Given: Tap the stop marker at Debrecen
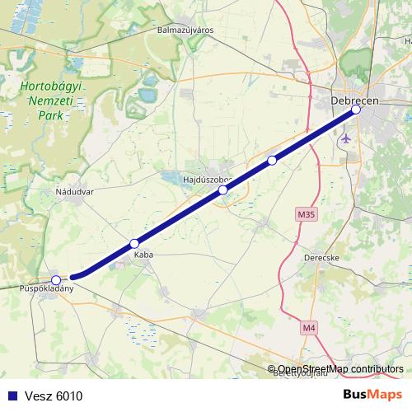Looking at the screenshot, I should [x=356, y=110].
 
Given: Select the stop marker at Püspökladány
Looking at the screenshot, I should [x=55, y=280].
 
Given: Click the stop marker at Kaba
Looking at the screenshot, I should [x=134, y=244].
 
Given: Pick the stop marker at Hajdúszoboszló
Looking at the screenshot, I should [x=222, y=190].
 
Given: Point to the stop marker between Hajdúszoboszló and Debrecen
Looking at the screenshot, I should [x=272, y=161].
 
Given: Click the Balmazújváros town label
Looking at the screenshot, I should [x=185, y=30].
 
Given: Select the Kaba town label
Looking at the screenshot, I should [x=143, y=255].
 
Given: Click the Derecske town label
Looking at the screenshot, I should [x=322, y=257].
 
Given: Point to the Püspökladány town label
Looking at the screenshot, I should [x=47, y=289].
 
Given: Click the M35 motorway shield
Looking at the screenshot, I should [x=306, y=215].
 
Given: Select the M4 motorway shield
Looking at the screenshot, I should [x=308, y=328].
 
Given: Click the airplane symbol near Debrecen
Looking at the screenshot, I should [x=345, y=137].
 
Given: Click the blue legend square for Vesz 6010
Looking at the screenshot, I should [x=9, y=396].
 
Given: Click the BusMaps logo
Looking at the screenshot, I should [x=373, y=395].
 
